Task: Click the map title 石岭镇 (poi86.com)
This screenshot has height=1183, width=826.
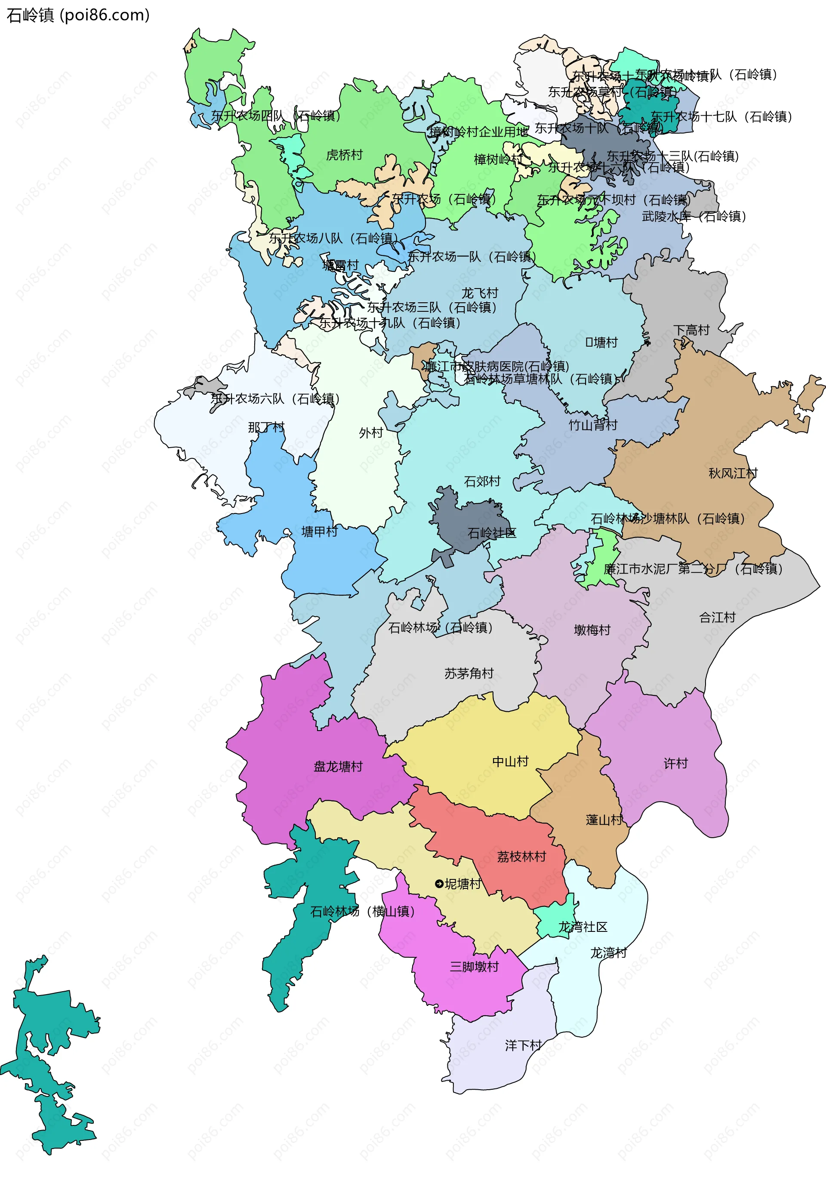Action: (x=77, y=15)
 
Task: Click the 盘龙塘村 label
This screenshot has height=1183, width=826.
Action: (x=338, y=767)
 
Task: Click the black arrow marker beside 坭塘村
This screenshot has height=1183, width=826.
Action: (x=439, y=884)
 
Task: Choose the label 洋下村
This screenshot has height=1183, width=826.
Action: (x=523, y=1045)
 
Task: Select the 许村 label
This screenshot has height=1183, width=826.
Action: (x=675, y=764)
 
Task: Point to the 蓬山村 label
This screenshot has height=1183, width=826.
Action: (x=604, y=820)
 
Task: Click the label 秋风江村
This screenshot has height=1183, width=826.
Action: (x=733, y=473)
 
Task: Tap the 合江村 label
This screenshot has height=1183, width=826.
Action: (x=717, y=617)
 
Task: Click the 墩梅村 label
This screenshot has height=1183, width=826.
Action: (x=592, y=630)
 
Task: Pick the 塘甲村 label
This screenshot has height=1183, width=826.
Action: (x=319, y=531)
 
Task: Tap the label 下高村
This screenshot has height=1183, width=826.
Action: (x=691, y=330)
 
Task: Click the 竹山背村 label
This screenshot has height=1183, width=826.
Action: (x=593, y=425)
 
